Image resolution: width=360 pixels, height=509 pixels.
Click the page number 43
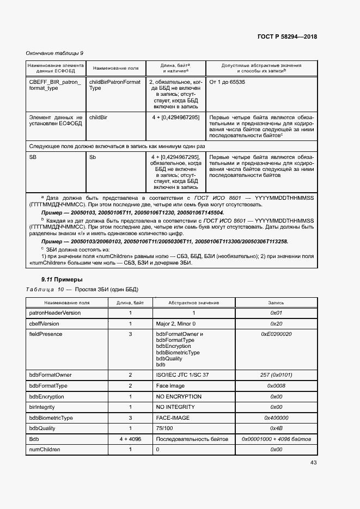[313, 463]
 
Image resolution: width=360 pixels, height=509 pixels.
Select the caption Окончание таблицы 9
[55, 53]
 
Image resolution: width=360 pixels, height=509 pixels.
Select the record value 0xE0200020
[276, 334]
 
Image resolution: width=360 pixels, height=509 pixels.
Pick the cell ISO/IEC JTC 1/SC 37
[182, 375]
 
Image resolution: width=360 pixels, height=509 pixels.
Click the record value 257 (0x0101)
[276, 375]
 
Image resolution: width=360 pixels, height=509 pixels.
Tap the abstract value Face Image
[170, 386]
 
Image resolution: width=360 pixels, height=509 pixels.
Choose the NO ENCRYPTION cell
[179, 396]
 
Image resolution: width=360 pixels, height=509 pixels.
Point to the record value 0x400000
[276, 418]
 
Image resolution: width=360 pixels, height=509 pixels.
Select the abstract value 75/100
[164, 428]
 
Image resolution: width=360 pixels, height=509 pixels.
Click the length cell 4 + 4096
[130, 439]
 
